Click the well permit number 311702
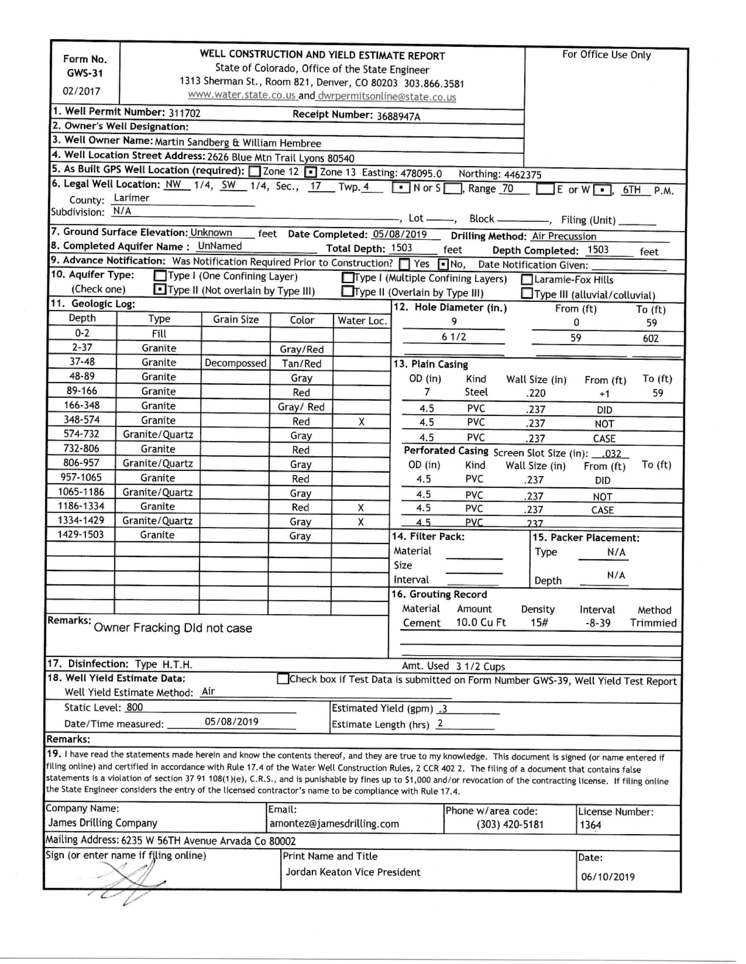pos(184,113)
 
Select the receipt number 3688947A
pos(398,116)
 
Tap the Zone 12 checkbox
pos(254,171)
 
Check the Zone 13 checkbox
pos(311,172)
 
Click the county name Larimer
pos(132,198)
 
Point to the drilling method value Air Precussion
pos(564,236)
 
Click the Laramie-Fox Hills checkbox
pos(527,280)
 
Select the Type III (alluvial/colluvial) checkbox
pos(527,293)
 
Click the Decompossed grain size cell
pos(235,363)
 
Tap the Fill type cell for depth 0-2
pos(159,334)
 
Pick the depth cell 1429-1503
pos(81,534)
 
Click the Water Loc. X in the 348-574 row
pos(362,422)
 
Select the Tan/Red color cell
pos(301,364)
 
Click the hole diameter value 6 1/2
pos(454,337)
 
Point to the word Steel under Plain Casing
pos(476,392)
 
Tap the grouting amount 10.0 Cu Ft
pos(481,623)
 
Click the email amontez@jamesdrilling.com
pos(334,823)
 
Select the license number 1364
pos(591,825)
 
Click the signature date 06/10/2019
pos(608,877)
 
